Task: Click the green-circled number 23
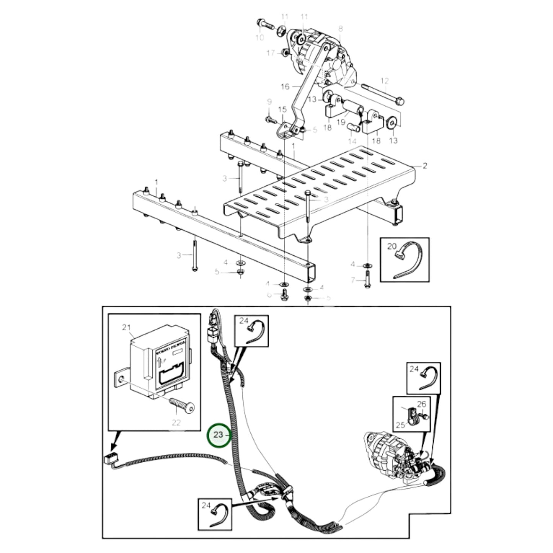(x=219, y=435)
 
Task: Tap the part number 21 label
(x=126, y=327)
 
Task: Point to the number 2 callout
(x=424, y=166)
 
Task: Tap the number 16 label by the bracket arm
(x=285, y=86)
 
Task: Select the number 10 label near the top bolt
(x=259, y=38)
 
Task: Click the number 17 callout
(x=271, y=53)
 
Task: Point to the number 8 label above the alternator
(x=340, y=29)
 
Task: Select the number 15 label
(x=282, y=110)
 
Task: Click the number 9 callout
(x=269, y=102)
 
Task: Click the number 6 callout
(x=269, y=295)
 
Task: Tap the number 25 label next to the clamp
(x=400, y=425)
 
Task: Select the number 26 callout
(x=421, y=404)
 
